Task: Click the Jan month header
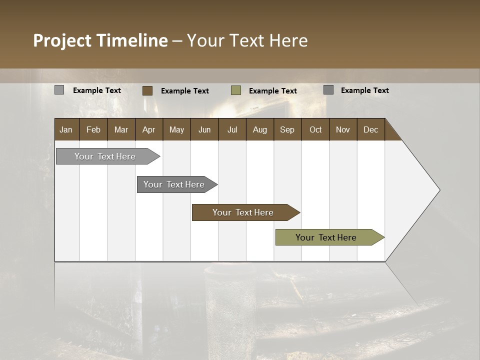pos(66,129)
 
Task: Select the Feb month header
pos(93,129)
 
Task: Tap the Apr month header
pos(148,129)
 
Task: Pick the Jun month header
pos(204,129)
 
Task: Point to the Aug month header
pos(259,129)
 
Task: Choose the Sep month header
pos(287,129)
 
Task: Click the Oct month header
pos(315,129)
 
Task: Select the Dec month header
pos(370,129)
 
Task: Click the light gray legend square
pos(59,90)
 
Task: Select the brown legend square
pos(147,90)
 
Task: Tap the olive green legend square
pos(236,90)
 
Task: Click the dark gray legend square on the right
pos(328,90)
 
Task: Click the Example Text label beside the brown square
pos(185,91)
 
